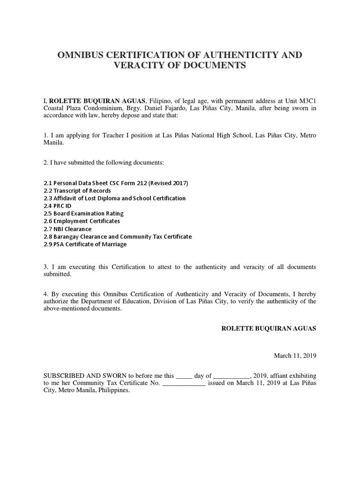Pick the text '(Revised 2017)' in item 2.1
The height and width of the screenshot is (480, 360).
click(171, 183)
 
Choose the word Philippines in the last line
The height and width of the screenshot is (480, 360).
click(113, 390)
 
